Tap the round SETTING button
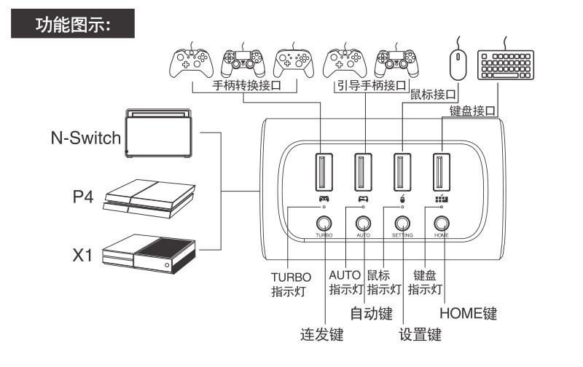click(402, 224)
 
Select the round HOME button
click(441, 224)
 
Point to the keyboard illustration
click(506, 65)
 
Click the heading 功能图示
click(72, 26)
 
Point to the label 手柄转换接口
click(246, 86)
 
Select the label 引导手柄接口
click(370, 86)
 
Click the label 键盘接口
click(473, 111)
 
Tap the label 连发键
click(321, 335)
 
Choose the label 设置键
click(420, 335)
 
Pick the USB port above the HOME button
click(439, 172)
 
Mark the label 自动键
click(371, 314)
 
